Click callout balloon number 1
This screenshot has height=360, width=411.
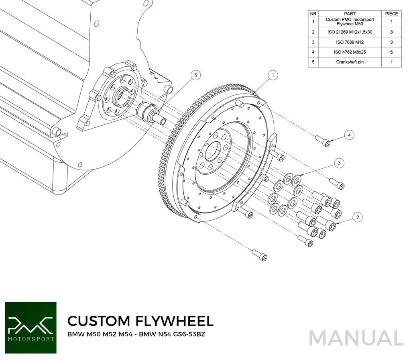(273, 74)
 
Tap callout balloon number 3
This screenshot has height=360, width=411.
(339, 163)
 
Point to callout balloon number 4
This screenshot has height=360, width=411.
(349, 135)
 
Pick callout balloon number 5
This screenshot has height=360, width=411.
(195, 75)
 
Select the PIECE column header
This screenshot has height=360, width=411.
(391, 14)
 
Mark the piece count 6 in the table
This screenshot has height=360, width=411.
(391, 52)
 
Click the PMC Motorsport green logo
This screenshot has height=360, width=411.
(31, 328)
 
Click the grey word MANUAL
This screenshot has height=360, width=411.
(356, 338)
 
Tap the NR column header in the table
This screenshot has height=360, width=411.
(313, 14)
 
